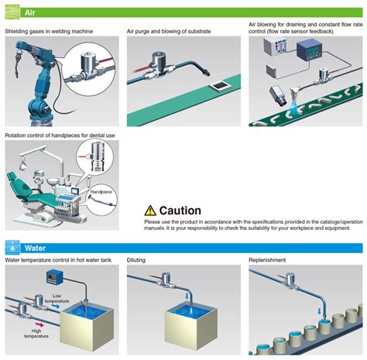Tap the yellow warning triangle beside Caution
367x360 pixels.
[149, 210]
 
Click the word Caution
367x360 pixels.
[180, 211]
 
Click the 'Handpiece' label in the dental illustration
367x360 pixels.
[101, 190]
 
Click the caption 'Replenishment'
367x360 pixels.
[269, 260]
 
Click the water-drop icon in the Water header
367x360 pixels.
[12, 247]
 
